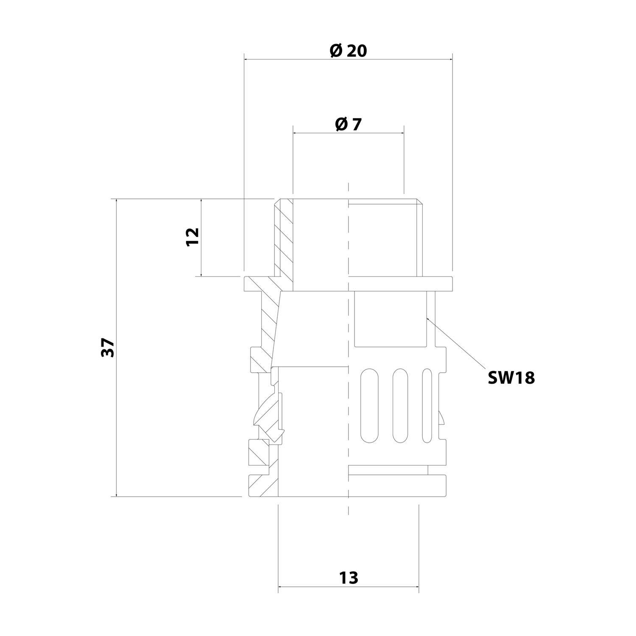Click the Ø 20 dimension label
point(348,51)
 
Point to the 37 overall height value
point(109,348)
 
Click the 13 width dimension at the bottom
point(349,578)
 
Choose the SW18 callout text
point(511,377)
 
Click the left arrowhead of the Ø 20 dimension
point(246,60)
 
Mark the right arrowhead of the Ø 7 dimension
point(402,133)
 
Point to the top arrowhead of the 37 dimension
point(116,201)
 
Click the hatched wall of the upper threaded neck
point(283,240)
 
